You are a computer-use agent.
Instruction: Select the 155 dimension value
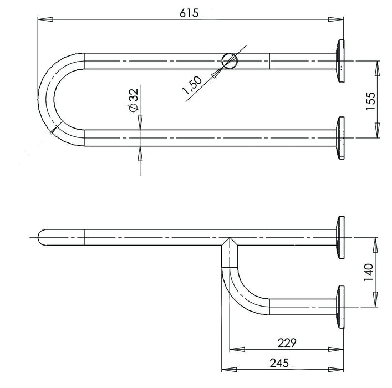pos(371,99)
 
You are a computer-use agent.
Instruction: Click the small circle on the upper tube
pos(228,61)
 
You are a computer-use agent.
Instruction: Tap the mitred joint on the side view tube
pos(228,244)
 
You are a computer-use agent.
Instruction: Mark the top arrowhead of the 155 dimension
pos(378,65)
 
